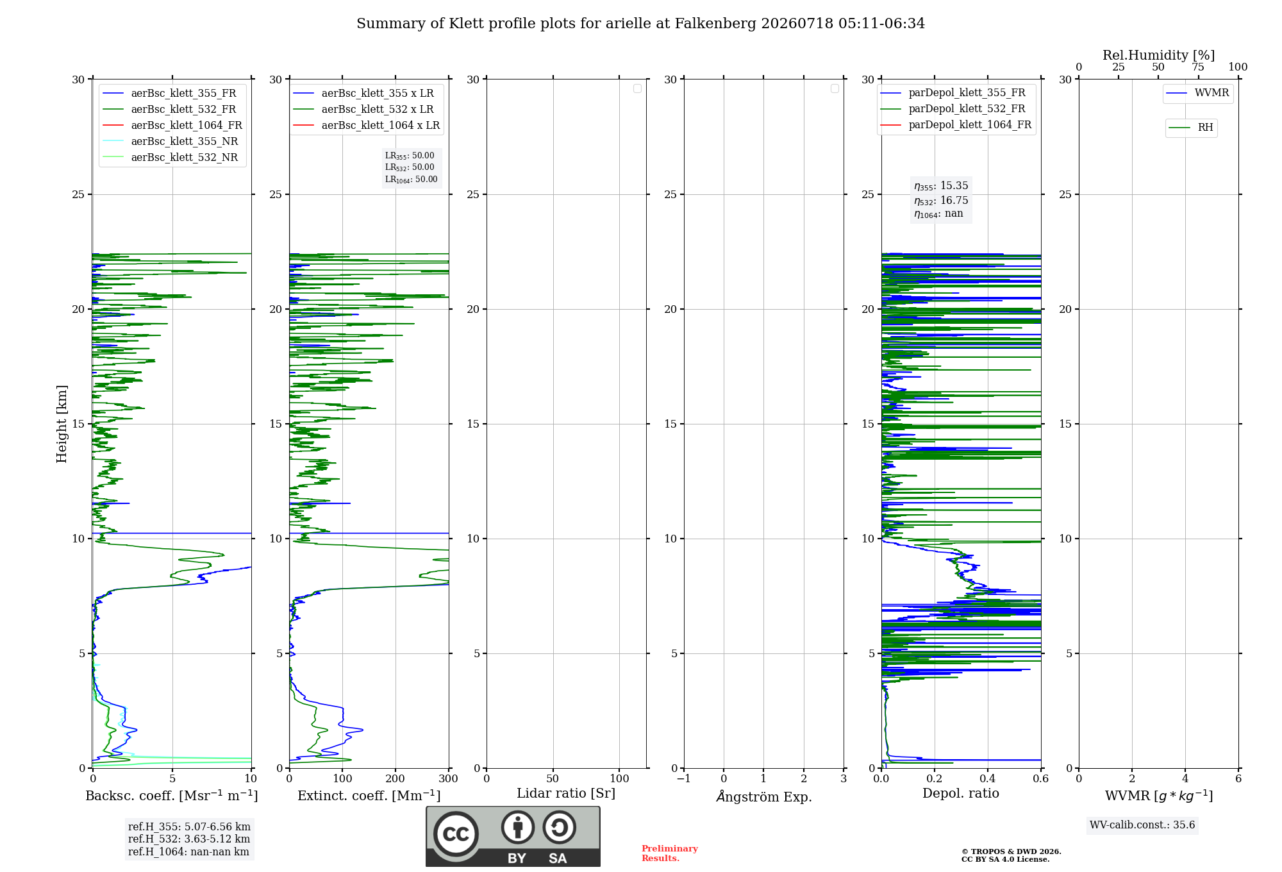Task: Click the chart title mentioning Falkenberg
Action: [x=640, y=24]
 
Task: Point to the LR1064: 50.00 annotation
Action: [x=411, y=180]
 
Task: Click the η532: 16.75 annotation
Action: [x=941, y=201]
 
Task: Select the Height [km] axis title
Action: [x=62, y=424]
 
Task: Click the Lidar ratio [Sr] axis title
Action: [x=566, y=794]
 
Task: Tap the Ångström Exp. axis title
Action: [x=764, y=796]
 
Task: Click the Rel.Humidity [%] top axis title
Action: [x=1158, y=55]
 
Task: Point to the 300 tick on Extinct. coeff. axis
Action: [x=449, y=778]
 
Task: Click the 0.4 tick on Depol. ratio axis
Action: [x=988, y=778]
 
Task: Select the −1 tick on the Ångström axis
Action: [x=683, y=778]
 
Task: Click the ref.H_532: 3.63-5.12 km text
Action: [x=189, y=839]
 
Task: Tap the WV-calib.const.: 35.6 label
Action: [x=1142, y=825]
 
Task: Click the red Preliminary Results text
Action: [x=670, y=853]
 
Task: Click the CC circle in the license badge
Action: [x=456, y=834]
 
